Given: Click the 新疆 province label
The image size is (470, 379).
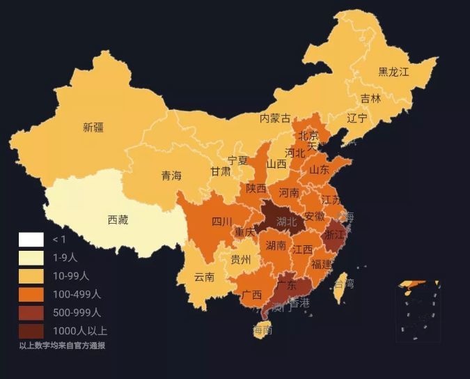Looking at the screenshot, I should [93, 127].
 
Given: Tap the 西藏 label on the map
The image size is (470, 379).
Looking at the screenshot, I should [118, 220].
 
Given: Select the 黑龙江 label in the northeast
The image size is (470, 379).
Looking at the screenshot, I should [393, 72].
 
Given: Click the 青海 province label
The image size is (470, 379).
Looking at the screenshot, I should [171, 176].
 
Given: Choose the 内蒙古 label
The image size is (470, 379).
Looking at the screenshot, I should [275, 118].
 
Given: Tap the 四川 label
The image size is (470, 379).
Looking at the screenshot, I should [221, 222].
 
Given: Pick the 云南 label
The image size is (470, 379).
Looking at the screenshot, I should [204, 277].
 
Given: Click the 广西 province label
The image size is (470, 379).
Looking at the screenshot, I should [251, 295].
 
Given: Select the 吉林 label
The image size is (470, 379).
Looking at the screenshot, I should [370, 99].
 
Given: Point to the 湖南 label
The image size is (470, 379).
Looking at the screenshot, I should [276, 245].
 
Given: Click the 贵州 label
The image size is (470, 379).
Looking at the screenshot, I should [241, 260].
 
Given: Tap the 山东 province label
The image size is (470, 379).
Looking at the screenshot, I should [320, 169].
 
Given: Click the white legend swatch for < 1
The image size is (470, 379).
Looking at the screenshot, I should [31, 240].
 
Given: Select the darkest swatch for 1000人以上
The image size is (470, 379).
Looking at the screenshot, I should [31, 331].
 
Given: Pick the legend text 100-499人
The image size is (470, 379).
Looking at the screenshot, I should [77, 295].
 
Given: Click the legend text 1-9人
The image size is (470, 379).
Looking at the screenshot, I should [65, 258].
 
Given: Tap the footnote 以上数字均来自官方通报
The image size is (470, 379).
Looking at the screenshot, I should [62, 346].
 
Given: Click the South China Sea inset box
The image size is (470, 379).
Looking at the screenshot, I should [418, 311].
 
